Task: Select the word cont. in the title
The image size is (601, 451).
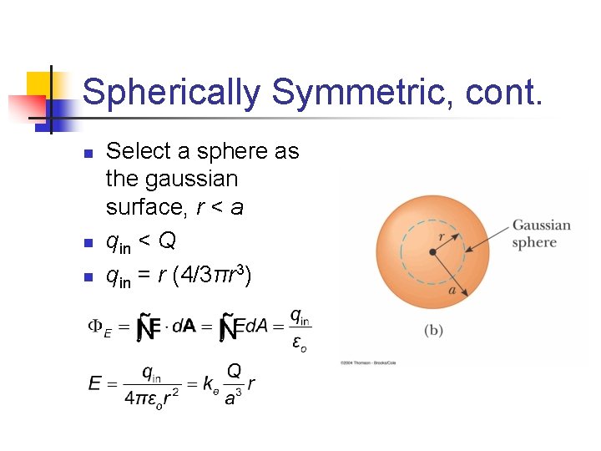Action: point(500,93)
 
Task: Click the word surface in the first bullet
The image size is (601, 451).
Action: point(144,207)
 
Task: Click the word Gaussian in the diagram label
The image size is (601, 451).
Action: point(541,225)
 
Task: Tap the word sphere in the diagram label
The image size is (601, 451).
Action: point(534,242)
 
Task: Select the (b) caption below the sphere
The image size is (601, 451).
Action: point(433,331)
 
